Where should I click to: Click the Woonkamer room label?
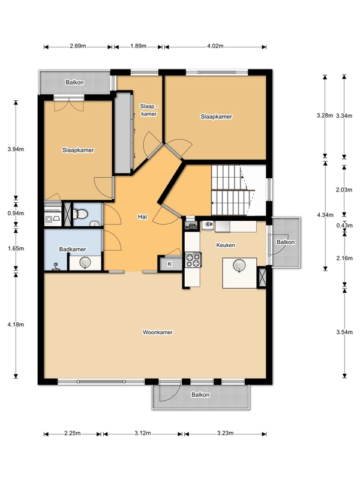coord(158,332)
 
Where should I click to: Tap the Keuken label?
coord(226,245)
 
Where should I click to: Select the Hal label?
coord(142,217)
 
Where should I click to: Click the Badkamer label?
coord(73,249)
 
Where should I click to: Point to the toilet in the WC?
coord(80,214)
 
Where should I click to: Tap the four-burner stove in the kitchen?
coord(193,260)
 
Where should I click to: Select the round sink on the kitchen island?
coord(239,265)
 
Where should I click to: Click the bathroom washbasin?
coord(85,262)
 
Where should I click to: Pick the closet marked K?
coord(170,263)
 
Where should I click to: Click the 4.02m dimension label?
coord(215,46)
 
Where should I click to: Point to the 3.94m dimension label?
coord(16,149)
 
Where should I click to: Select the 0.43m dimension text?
coord(344,226)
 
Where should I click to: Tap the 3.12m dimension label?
coord(143,433)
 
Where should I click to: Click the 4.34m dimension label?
coord(325,215)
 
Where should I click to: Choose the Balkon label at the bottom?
coord(200,395)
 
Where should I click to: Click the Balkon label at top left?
coord(74,82)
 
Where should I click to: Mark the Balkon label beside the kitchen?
coord(286,242)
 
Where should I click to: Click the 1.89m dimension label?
coord(139,46)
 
